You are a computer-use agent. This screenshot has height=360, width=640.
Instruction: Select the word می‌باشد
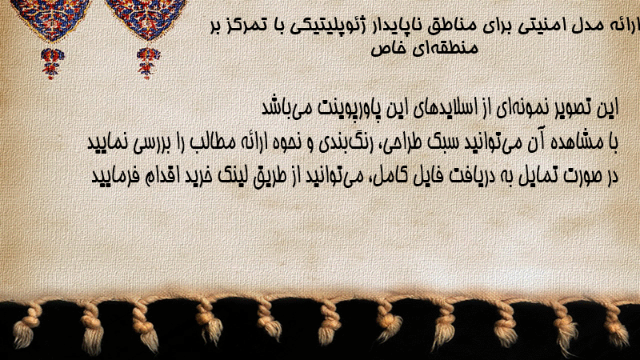pyautogui.click(x=284, y=109)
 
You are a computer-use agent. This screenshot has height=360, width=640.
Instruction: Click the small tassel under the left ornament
pyautogui.click(x=51, y=63)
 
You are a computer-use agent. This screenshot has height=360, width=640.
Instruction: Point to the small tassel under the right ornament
pyautogui.click(x=148, y=63)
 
